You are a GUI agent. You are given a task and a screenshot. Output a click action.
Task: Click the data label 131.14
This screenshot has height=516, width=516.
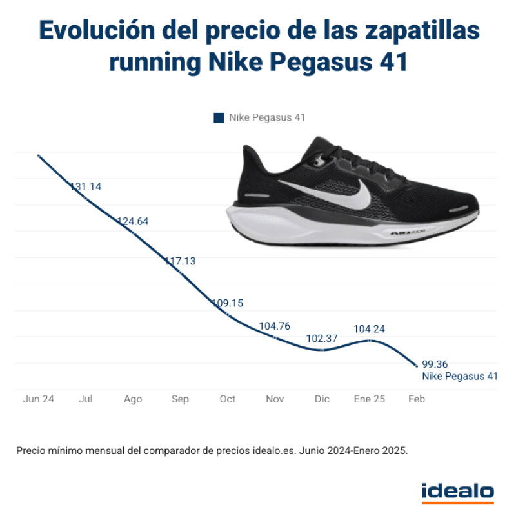click(x=86, y=187)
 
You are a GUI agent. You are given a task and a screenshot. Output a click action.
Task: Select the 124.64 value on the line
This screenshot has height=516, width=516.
click(x=133, y=221)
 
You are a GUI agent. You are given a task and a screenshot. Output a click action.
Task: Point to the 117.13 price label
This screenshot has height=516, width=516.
click(x=180, y=261)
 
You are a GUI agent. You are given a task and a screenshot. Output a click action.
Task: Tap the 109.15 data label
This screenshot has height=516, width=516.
click(x=228, y=303)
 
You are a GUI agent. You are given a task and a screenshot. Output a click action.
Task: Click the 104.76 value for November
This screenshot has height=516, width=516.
click(x=275, y=326)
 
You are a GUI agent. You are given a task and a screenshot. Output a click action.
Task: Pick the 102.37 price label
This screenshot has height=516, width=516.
click(x=322, y=339)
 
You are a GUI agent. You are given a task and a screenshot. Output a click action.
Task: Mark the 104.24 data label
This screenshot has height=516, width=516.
click(x=369, y=329)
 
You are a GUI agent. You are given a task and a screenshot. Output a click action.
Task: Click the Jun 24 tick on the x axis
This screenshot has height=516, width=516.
click(x=39, y=399)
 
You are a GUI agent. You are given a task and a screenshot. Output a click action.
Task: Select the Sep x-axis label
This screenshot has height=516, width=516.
click(x=180, y=399)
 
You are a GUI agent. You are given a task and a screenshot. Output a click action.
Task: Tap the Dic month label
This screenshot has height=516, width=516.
click(x=322, y=399)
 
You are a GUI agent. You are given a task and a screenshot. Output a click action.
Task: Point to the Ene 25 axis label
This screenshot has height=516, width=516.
click(x=369, y=399)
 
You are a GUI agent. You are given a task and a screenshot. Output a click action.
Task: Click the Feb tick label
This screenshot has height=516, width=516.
click(x=417, y=399)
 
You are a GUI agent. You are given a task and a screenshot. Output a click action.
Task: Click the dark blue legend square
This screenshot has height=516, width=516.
click(x=218, y=118)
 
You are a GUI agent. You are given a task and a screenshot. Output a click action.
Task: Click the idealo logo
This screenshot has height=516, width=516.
click(x=457, y=491)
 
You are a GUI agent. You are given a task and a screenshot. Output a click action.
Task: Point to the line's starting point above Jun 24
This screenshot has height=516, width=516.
click(x=39, y=155)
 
